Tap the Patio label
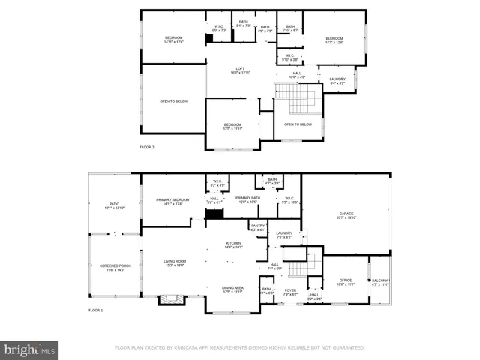pos(114,205)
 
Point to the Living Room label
pos(175,262)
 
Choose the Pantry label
pos(258,226)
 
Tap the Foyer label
pos(290,290)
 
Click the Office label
pos(345,281)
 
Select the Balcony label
pos(380,281)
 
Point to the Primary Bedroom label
pos(172,200)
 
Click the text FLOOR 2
pos(147,148)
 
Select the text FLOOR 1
pos(95,310)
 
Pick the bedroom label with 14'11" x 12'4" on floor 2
pos(173,39)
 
